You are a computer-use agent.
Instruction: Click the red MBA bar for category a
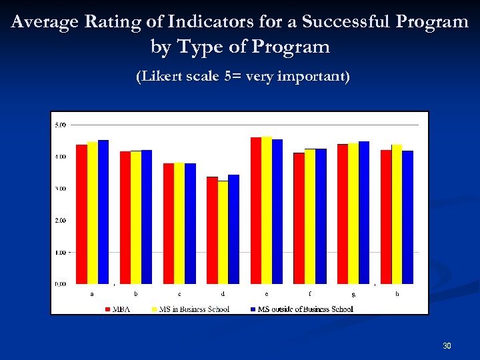pos(81,213)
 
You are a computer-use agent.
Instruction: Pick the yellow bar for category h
pos(397,213)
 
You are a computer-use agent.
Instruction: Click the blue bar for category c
pos(190,223)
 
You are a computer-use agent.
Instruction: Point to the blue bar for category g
pos(364,212)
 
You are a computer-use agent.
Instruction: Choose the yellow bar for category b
pos(136,217)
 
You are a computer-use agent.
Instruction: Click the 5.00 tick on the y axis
pos(60,125)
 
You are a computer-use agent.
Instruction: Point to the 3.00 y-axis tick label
pos(60,189)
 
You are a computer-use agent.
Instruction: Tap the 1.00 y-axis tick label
pos(60,253)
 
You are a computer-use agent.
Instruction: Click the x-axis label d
pos(223,293)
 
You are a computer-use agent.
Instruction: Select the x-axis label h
pos(397,293)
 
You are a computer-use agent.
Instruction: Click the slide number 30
pos(447,345)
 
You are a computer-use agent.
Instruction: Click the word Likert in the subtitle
pos(159,77)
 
